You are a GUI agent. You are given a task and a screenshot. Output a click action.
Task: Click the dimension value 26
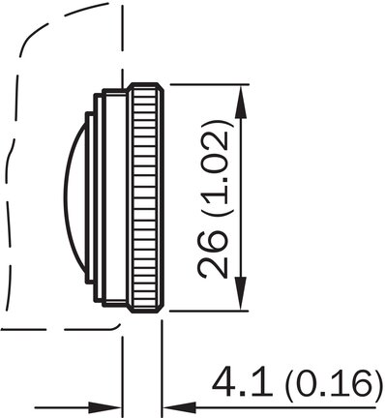[x=212, y=254]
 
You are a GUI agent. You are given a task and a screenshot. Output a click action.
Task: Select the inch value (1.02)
[x=215, y=168]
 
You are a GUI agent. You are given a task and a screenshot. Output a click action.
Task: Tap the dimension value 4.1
[x=241, y=381]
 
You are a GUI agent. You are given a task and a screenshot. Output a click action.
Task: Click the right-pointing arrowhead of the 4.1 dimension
[x=104, y=407]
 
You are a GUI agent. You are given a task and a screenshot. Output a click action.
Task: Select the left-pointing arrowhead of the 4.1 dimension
[x=180, y=407]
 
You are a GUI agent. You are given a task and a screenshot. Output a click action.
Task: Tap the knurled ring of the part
[x=146, y=197]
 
